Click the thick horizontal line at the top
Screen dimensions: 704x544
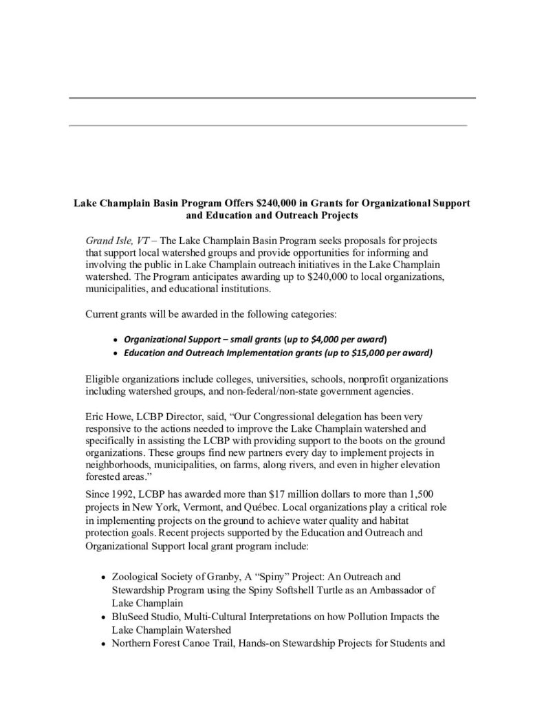coord(272,98)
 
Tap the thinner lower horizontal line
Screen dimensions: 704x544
coord(268,125)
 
